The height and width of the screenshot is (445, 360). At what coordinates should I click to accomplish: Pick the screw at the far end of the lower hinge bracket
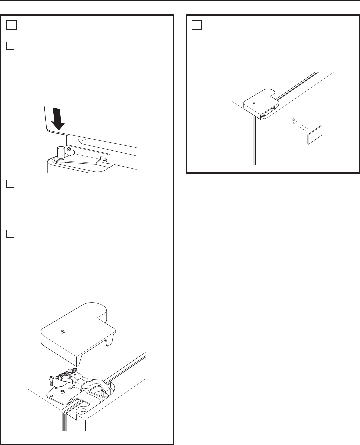[105, 161]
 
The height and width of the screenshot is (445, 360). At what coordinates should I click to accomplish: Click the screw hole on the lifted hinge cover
[61, 332]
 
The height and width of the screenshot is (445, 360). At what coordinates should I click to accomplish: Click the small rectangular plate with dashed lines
[315, 135]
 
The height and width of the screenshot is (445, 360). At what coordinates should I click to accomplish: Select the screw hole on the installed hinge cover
[254, 103]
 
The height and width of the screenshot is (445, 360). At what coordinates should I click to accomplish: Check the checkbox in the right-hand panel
[197, 25]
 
